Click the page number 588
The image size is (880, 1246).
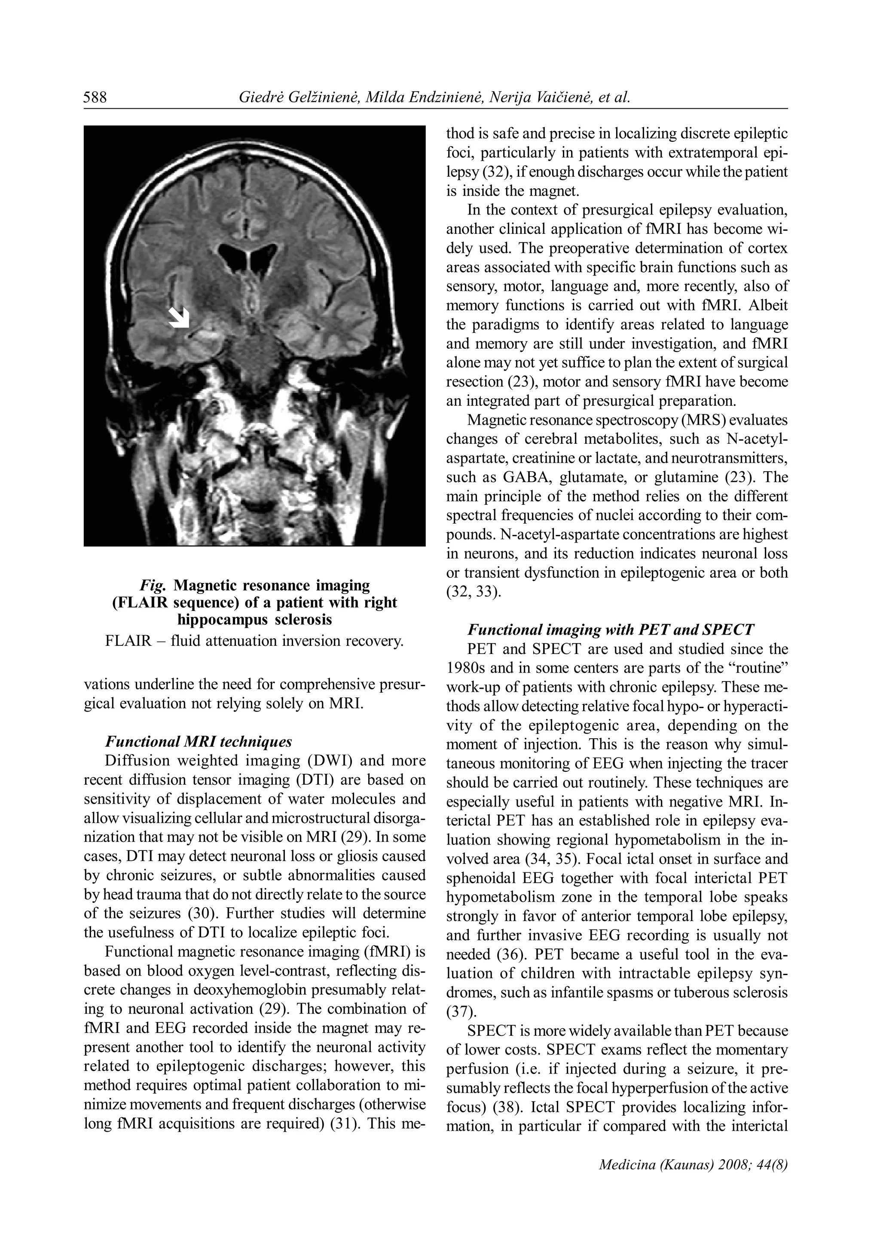click(95, 98)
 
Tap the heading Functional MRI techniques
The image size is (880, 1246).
click(199, 741)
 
